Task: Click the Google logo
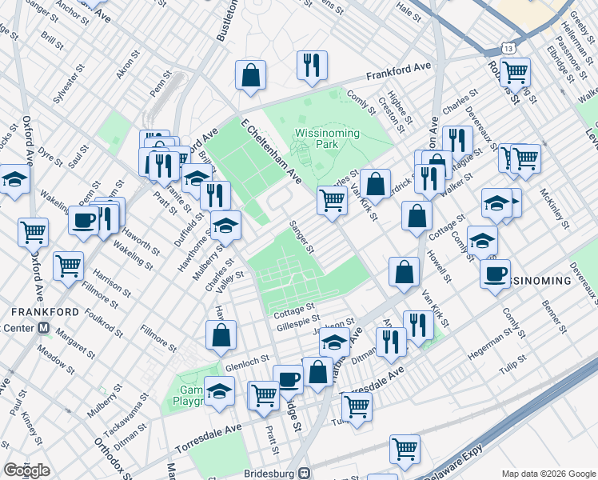tap(26, 470)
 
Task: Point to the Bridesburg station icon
tap(304, 473)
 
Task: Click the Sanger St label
tap(301, 237)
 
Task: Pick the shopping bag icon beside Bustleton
tap(250, 74)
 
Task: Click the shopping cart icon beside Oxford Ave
tap(34, 232)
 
